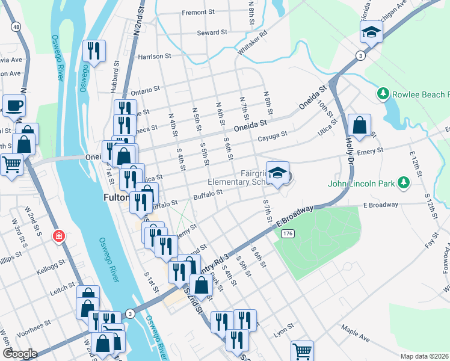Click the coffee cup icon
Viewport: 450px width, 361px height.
click(x=14, y=106)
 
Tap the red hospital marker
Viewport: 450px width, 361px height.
click(x=58, y=235)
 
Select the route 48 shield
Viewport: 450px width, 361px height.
click(x=14, y=27)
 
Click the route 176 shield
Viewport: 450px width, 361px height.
click(x=289, y=233)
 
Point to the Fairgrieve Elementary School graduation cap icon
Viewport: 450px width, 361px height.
click(x=277, y=173)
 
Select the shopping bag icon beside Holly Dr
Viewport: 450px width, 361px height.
click(x=359, y=126)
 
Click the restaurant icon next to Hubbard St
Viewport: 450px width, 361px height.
click(x=93, y=51)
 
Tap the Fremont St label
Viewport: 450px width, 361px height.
click(x=199, y=12)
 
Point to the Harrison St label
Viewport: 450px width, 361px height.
click(x=155, y=57)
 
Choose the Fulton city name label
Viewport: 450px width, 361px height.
click(x=114, y=197)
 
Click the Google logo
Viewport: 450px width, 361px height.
click(x=19, y=354)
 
